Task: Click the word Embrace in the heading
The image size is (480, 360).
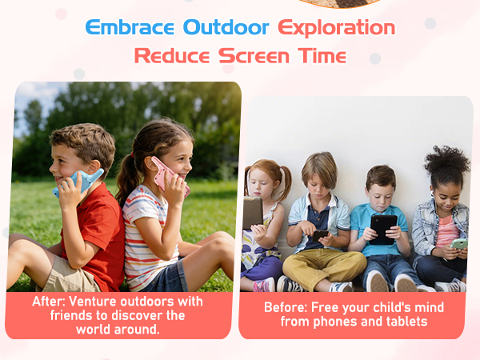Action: [130, 26]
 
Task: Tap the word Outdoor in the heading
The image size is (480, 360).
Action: [226, 26]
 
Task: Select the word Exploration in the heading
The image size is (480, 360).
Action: [336, 26]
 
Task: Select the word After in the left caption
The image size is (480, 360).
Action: [52, 302]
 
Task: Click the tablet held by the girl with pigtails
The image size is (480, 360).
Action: [254, 214]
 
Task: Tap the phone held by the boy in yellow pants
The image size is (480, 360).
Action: [318, 236]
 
